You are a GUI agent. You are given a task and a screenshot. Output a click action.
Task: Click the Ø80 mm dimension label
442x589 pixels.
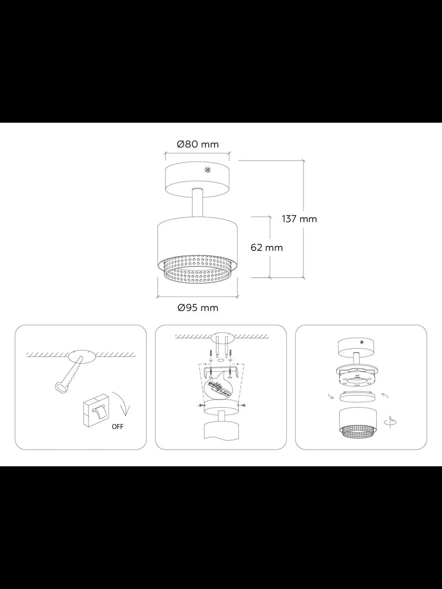point(198,144)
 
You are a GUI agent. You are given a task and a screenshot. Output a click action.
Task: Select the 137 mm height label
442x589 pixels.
point(299,219)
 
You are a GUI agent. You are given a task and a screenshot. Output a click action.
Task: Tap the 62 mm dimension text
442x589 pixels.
point(267,247)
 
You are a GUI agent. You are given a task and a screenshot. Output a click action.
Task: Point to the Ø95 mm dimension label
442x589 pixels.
point(198,308)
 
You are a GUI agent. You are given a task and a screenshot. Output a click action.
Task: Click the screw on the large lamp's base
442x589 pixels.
point(207,170)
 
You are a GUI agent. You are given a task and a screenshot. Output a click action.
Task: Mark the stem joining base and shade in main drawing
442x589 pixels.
point(198,203)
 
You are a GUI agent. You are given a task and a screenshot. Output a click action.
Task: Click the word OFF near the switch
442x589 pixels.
point(117,427)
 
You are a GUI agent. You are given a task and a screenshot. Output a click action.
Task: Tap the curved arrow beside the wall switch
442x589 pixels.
point(122,406)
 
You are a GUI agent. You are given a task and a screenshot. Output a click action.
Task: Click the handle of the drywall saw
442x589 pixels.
point(61,387)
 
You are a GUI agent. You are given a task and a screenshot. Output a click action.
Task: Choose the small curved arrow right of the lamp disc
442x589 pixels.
point(385,395)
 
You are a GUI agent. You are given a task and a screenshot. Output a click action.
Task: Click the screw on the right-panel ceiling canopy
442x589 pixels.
point(361,342)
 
